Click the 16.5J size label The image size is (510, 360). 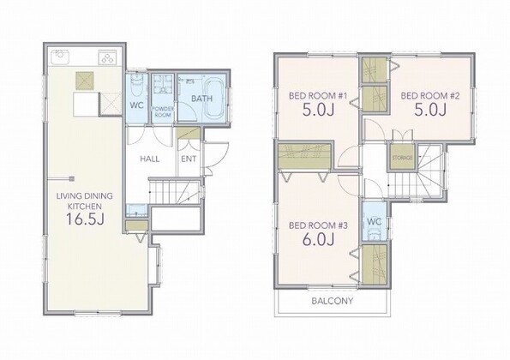pyautogui.click(x=85, y=219)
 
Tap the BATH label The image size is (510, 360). pyautogui.click(x=201, y=99)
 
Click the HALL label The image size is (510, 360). pyautogui.click(x=150, y=159)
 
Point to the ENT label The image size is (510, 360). pyautogui.click(x=189, y=159)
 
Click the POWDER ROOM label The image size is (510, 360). pyautogui.click(x=163, y=112)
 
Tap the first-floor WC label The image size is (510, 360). pyautogui.click(x=136, y=105)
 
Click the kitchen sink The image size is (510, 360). pyautogui.click(x=60, y=57)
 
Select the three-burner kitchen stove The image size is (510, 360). pyautogui.click(x=107, y=57)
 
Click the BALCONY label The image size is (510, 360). pyautogui.click(x=332, y=301)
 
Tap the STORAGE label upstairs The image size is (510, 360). pyautogui.click(x=402, y=158)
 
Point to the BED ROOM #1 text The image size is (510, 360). pyautogui.click(x=318, y=96)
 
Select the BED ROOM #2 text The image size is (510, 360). pyautogui.click(x=430, y=96)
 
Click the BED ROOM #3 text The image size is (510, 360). pyautogui.click(x=318, y=225)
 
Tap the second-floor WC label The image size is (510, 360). pyautogui.click(x=374, y=222)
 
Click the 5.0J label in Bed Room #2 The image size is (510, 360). pyautogui.click(x=430, y=110)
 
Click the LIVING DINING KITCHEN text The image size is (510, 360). pyautogui.click(x=85, y=201)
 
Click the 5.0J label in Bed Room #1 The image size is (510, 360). pyautogui.click(x=318, y=110)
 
